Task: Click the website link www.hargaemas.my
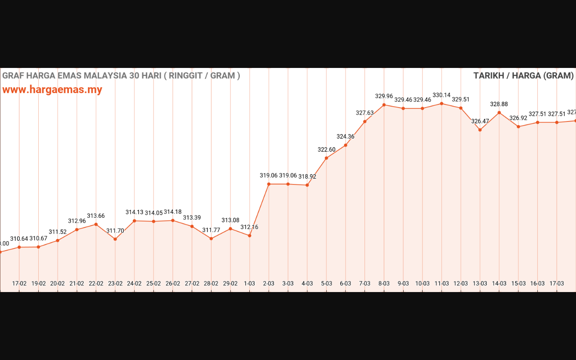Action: [x=52, y=90]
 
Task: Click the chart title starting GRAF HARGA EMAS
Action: [x=121, y=76]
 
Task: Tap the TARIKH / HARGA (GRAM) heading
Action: [x=523, y=76]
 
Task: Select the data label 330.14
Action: [x=441, y=95]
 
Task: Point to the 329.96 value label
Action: [x=384, y=96]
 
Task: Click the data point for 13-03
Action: [x=480, y=130]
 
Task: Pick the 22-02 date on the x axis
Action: [x=96, y=283]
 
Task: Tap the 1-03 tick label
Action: [x=249, y=283]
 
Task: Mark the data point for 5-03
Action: [x=326, y=158]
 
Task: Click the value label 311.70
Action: [x=115, y=231]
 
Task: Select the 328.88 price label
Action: [x=499, y=104]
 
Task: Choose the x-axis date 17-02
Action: [x=19, y=283]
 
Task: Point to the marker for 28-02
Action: [x=211, y=238]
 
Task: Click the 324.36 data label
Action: [x=346, y=136]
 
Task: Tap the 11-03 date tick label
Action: [x=441, y=283]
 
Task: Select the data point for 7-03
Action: [x=364, y=121]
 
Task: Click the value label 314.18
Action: [x=173, y=212]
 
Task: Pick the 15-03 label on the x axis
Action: [x=518, y=283]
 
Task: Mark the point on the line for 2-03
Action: [x=269, y=184]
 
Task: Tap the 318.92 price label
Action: [x=307, y=177]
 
